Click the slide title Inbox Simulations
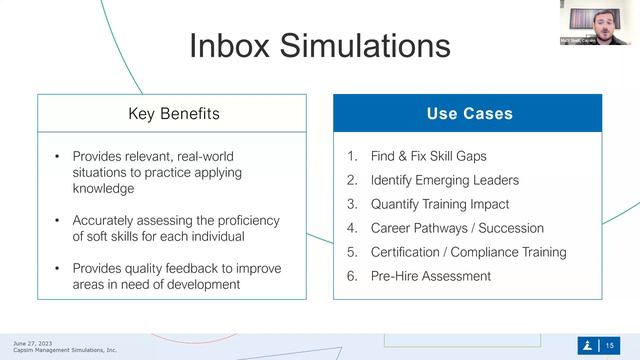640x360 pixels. pyautogui.click(x=319, y=46)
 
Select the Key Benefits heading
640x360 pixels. pyautogui.click(x=173, y=113)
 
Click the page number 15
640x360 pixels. pyautogui.click(x=610, y=346)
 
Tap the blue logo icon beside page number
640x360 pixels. pyautogui.click(x=587, y=346)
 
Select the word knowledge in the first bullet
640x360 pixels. pyautogui.click(x=103, y=188)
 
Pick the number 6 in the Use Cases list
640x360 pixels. pyautogui.click(x=351, y=276)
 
